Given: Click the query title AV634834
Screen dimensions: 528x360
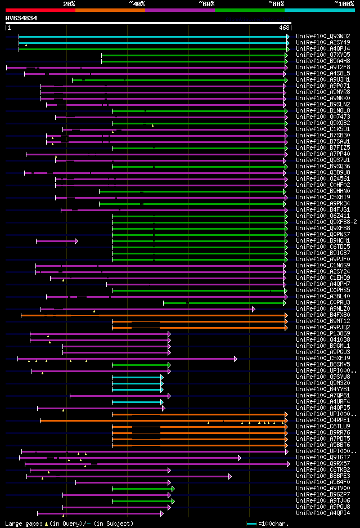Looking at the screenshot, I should click(x=21, y=18).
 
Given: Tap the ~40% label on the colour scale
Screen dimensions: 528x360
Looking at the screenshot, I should click(x=137, y=3).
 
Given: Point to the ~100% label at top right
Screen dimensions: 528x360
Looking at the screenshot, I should click(x=344, y=3).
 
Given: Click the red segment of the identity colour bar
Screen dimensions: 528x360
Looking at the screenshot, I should click(x=40, y=10).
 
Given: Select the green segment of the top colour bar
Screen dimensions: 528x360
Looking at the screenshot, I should click(x=249, y=10).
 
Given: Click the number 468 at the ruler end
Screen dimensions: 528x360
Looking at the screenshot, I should click(x=284, y=27).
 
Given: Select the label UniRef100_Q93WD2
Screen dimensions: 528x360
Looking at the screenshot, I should click(x=323, y=36).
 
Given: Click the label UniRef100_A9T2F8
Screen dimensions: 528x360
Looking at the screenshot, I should click(x=323, y=67).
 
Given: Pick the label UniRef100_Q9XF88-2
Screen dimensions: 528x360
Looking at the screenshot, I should click(x=326, y=222).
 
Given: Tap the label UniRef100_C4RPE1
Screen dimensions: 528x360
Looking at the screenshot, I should click(x=323, y=420).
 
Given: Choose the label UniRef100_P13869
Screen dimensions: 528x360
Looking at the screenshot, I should click(x=323, y=333).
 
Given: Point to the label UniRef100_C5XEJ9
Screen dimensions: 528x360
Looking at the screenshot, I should click(x=323, y=358).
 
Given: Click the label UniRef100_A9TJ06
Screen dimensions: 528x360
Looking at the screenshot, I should click(x=323, y=500).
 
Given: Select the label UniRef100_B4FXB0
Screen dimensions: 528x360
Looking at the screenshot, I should click(x=323, y=315).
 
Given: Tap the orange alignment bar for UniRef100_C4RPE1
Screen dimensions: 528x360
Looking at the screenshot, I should click(x=163, y=420).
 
